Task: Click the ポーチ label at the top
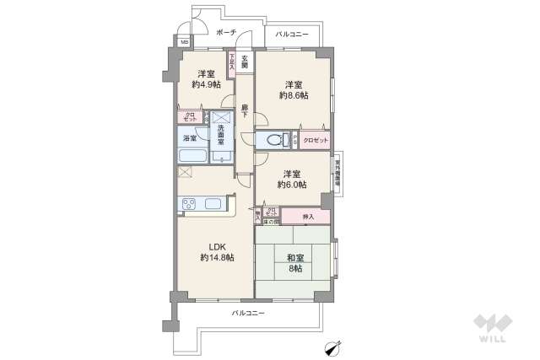click(x=225, y=33)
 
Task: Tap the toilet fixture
click(x=275, y=140)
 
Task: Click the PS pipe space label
click(x=294, y=139)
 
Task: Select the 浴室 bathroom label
click(x=190, y=138)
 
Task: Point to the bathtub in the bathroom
click(x=192, y=157)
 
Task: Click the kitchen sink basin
click(x=213, y=204)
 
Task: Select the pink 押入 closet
click(x=310, y=217)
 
